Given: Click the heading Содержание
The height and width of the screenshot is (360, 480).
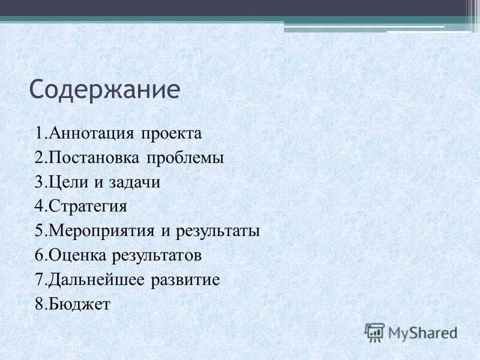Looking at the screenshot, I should [x=104, y=89].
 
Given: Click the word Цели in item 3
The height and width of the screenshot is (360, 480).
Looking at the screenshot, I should [x=67, y=182].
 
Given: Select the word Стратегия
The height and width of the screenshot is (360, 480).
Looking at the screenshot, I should [x=88, y=207].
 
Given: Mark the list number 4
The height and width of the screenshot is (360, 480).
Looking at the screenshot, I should [x=39, y=207].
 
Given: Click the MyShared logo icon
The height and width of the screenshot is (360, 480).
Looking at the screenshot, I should [x=374, y=332].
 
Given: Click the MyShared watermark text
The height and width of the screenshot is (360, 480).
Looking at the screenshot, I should [x=422, y=332].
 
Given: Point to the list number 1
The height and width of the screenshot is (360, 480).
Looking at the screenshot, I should [x=39, y=133].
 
